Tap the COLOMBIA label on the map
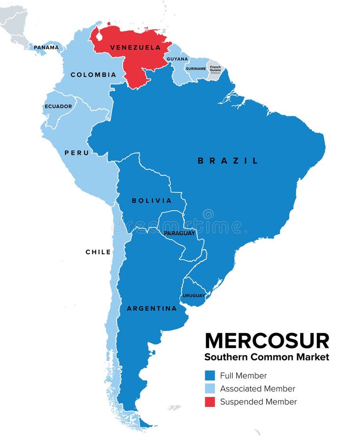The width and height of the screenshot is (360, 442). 93,75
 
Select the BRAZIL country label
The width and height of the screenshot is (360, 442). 227,161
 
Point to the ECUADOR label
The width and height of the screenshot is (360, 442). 58,107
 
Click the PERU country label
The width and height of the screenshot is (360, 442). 77,153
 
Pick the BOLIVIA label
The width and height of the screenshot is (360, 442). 152,200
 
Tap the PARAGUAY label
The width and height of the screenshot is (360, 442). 179,233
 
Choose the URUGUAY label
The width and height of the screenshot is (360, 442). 194,296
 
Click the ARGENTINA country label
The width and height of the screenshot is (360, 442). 152,308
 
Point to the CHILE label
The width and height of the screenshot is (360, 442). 98,252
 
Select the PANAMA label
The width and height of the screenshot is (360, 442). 46,48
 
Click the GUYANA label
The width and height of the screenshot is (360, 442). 177,59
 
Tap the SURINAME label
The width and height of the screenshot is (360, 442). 195,69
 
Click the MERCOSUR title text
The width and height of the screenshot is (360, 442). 267,340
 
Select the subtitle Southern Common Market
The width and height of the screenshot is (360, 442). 267,357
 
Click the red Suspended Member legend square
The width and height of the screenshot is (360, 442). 210,402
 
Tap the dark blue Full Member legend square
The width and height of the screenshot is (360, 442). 210,376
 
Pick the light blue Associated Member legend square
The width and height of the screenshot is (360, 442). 210,389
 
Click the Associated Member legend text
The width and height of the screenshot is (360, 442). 257,389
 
